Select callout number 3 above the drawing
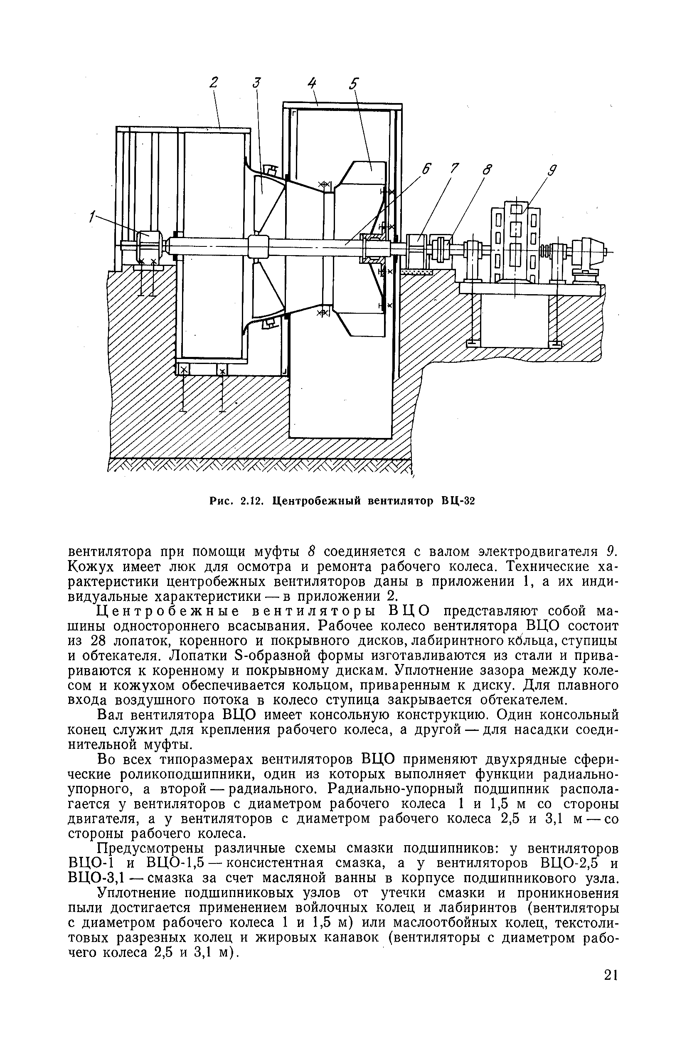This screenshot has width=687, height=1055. (257, 83)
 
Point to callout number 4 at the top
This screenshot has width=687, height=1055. (312, 83)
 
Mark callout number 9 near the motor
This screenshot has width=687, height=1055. (553, 171)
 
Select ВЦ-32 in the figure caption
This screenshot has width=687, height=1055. (457, 502)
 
